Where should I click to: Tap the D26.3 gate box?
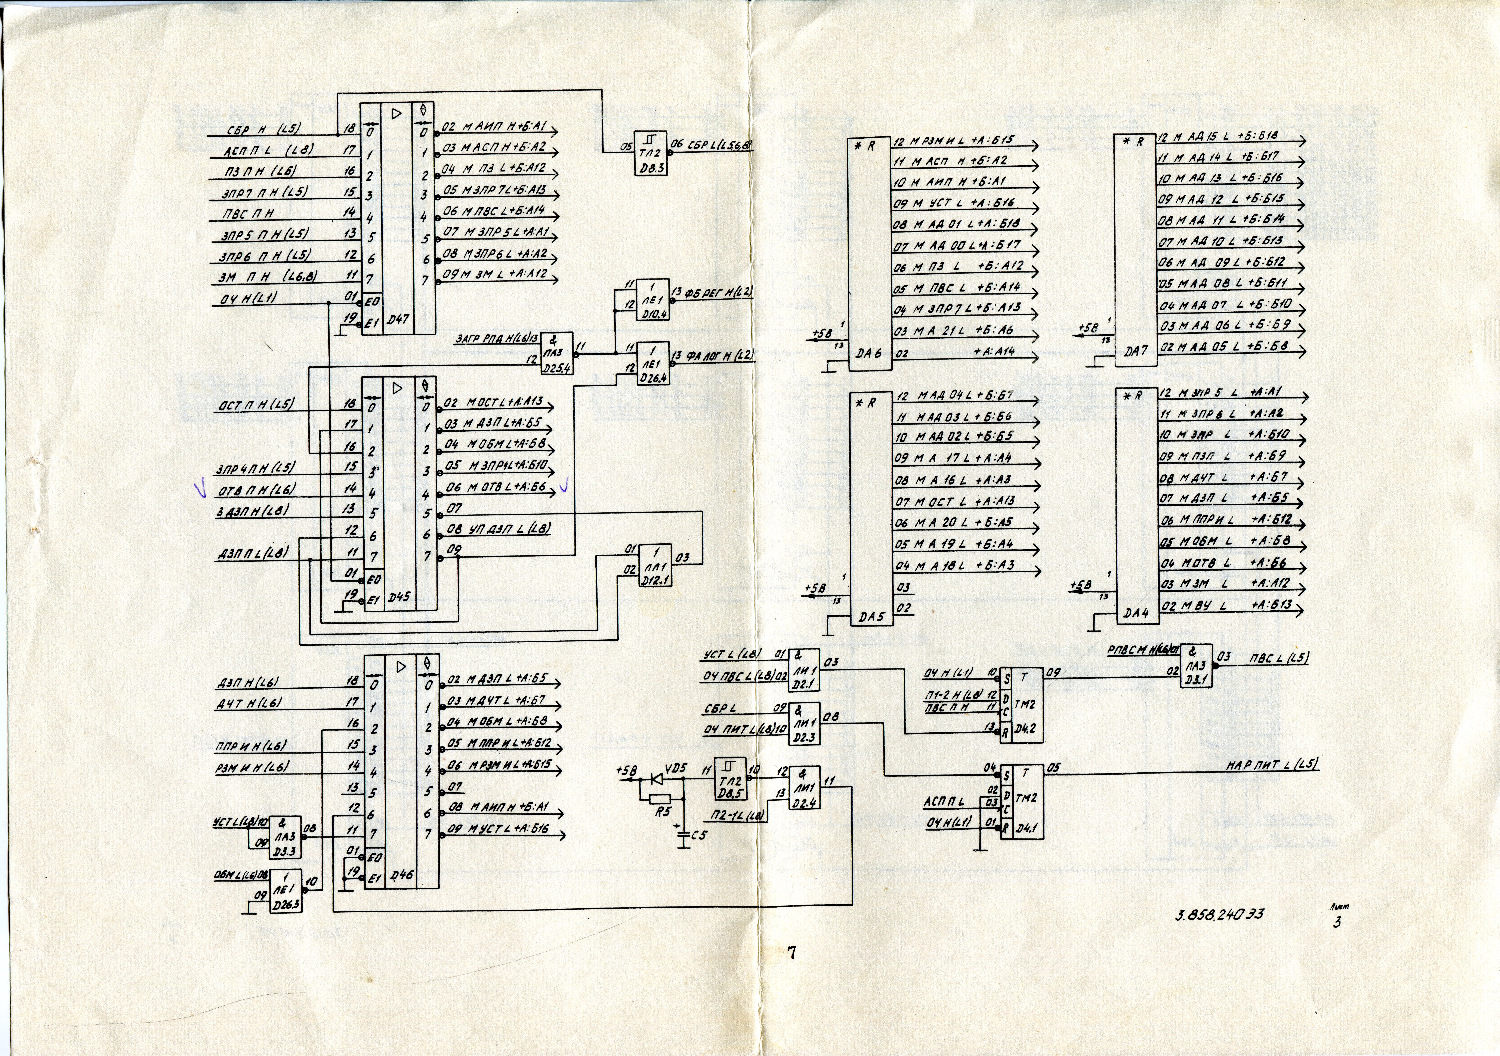coord(285,891)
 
